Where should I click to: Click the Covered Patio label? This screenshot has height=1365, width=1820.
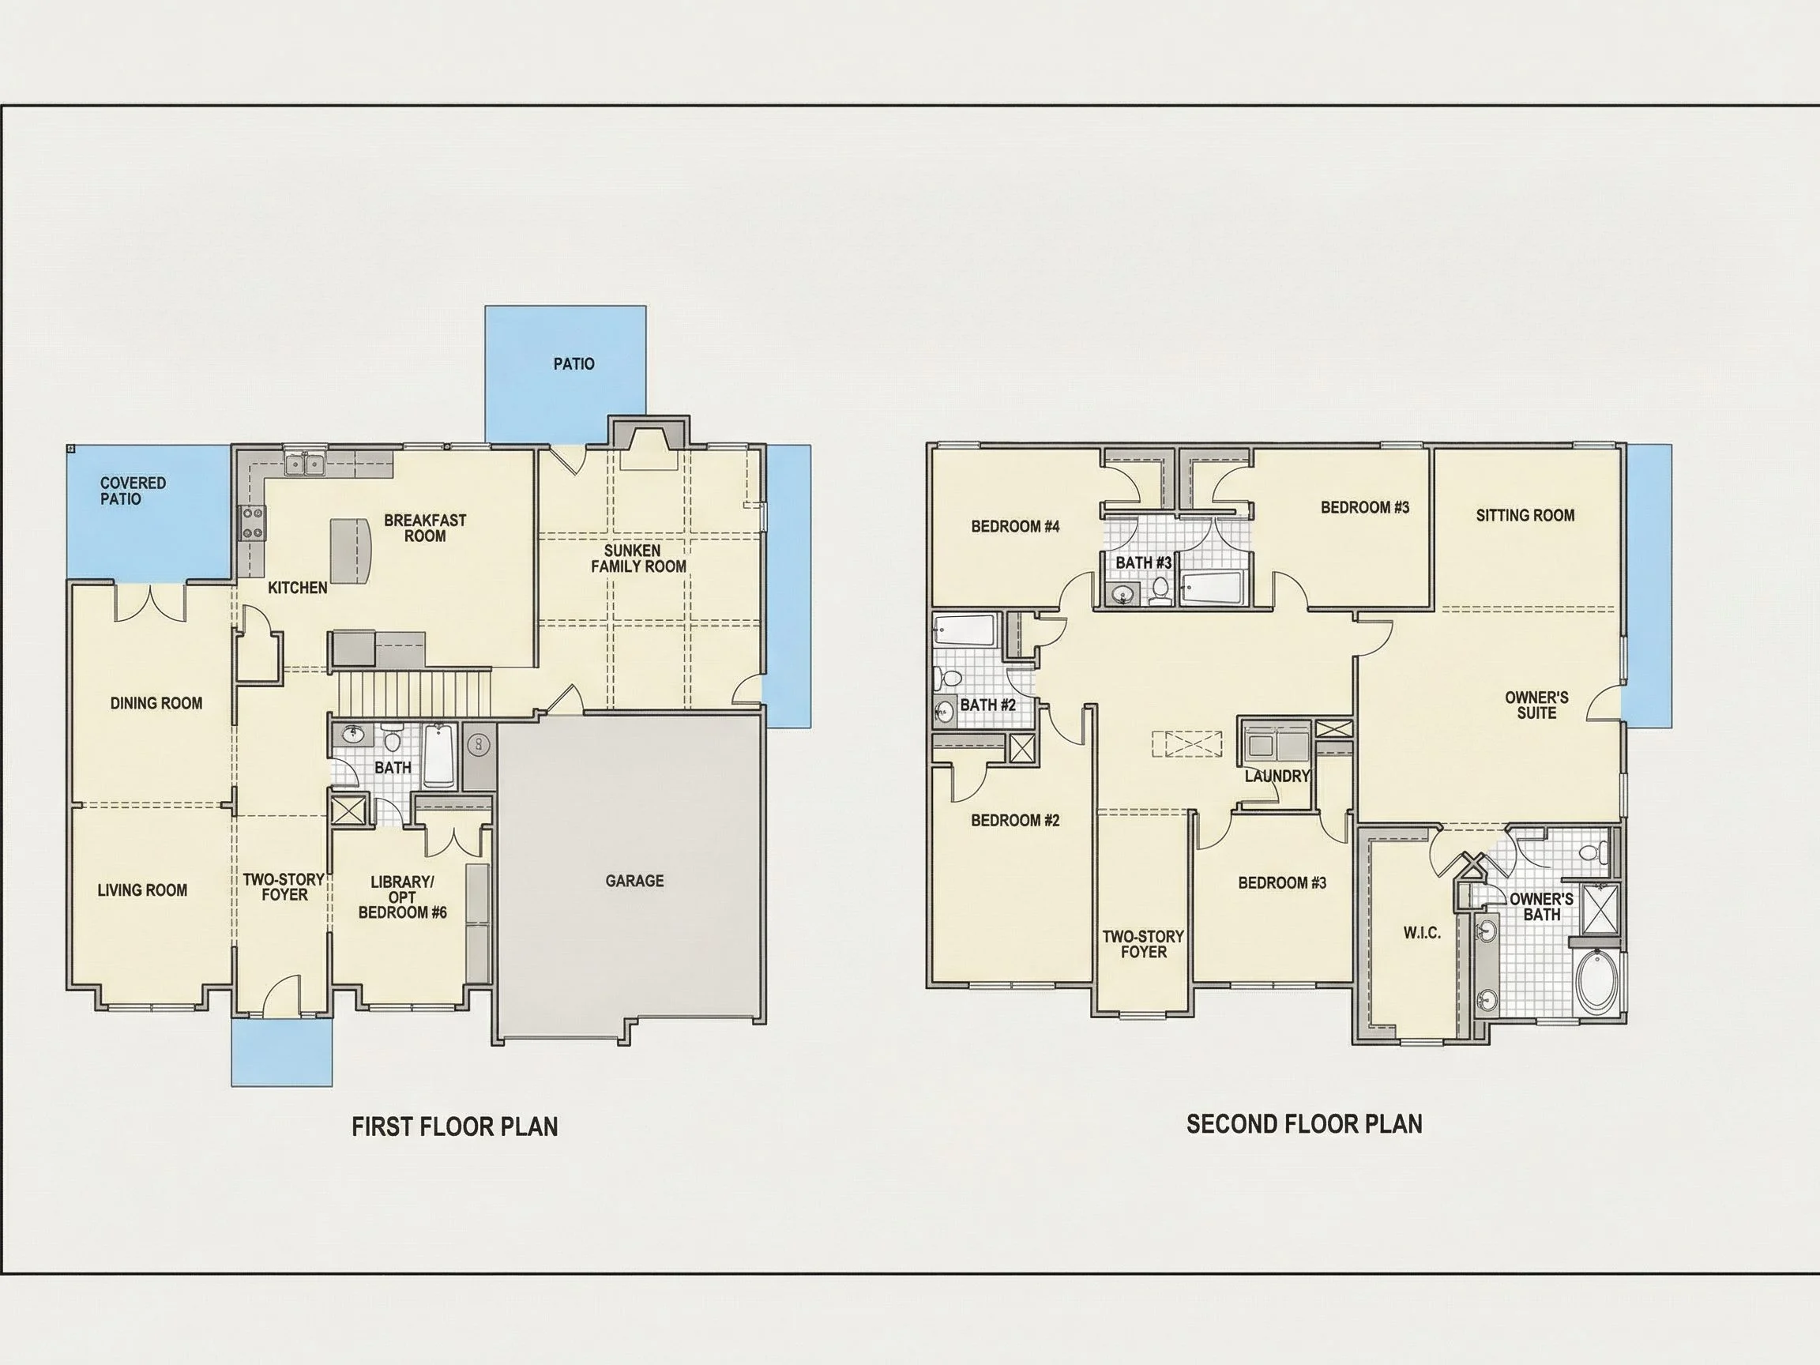point(133,491)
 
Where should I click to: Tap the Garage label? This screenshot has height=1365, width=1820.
point(634,881)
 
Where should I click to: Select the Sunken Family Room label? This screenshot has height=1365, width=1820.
point(638,558)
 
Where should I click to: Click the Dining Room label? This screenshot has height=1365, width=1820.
point(156,703)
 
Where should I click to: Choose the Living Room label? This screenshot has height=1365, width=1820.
point(142,889)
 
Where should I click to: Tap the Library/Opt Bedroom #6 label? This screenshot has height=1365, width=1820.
point(402,897)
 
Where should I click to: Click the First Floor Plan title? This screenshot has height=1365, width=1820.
point(455,1126)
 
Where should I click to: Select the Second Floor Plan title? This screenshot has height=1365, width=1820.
point(1304,1124)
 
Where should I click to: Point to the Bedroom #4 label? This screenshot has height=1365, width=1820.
point(1015,526)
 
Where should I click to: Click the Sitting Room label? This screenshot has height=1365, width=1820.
point(1525,515)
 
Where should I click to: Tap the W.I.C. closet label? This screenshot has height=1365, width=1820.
point(1422,932)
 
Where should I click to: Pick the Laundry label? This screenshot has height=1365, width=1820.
point(1277,775)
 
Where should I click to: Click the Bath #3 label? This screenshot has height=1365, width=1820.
point(1143,562)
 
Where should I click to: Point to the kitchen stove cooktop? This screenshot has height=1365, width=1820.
point(253,522)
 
